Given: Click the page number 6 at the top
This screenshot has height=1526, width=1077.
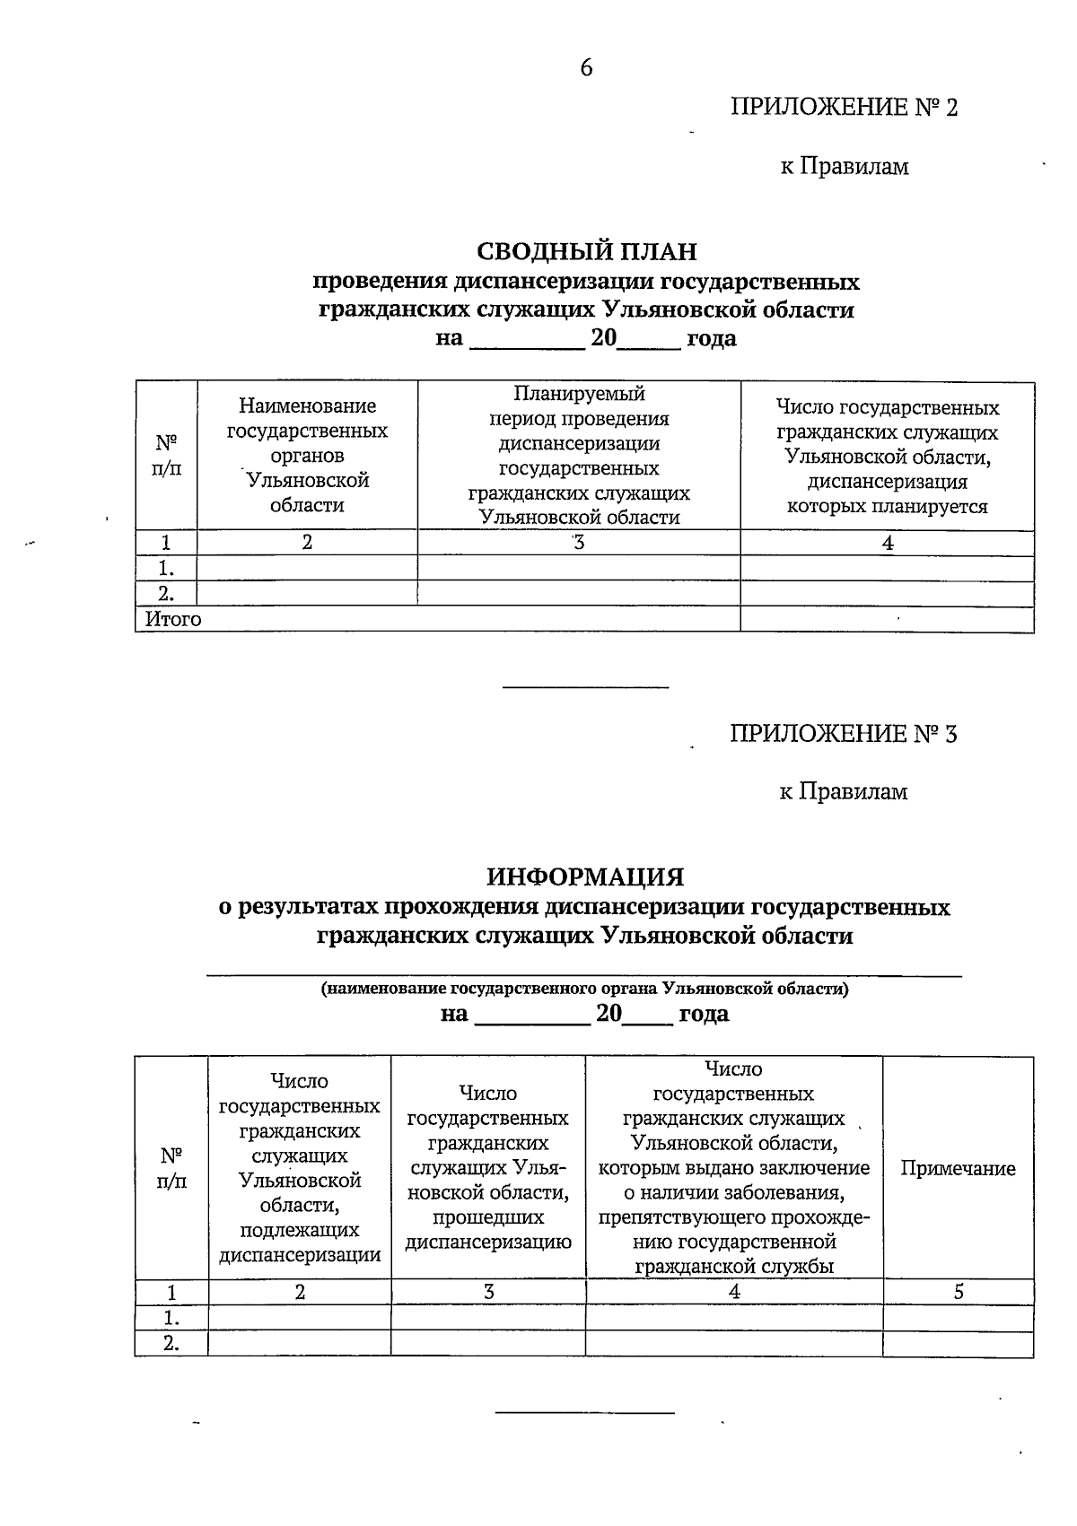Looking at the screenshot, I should coord(586,68).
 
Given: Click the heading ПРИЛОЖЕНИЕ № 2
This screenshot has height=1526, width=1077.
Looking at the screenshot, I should coord(844,108).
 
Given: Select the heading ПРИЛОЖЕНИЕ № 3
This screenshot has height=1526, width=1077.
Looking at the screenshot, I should coord(843,734).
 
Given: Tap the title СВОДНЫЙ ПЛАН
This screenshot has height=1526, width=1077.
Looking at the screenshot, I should coord(586,251).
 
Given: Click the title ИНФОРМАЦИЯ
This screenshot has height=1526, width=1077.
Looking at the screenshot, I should coord(585,876).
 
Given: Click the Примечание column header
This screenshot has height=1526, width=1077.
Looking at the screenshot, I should coord(958,1168).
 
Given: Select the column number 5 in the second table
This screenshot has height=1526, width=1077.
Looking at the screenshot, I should coord(958,1292).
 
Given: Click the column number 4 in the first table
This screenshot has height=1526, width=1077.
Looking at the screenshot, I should coord(887,543).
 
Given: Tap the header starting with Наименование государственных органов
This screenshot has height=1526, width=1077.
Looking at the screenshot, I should coord(307,456).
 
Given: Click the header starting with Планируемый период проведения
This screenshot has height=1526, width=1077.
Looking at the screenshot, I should coord(579,456).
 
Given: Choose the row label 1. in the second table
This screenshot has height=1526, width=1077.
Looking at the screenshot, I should coord(171,1318).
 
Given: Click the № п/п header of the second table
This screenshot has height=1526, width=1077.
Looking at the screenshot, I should coord(171,1168).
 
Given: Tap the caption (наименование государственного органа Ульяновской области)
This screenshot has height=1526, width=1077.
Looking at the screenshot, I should coord(584,990).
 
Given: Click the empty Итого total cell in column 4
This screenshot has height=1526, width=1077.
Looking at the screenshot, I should coord(887,619).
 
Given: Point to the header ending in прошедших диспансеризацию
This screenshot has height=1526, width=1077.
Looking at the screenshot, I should coord(488,1168).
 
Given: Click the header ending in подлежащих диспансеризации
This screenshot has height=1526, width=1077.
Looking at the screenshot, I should coord(300,1168).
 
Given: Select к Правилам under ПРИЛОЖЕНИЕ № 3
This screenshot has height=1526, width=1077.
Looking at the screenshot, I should coord(843,791).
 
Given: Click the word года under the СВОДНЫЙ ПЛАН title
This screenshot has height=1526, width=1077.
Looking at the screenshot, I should coord(711,339).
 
